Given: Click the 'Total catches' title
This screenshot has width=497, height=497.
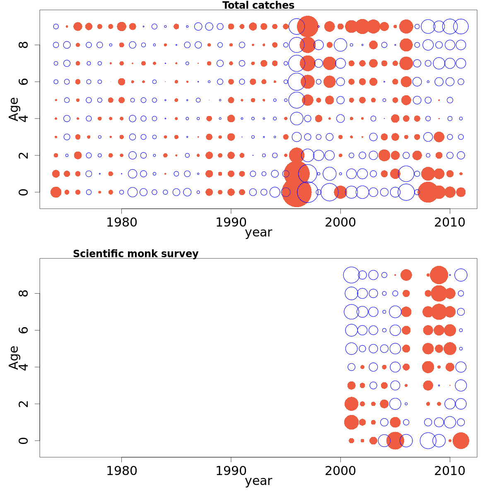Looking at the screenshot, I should coord(258,5).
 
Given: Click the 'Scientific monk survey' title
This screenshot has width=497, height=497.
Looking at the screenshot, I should coord(135,254).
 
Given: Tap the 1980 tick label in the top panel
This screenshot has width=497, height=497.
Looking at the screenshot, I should coord(121,222).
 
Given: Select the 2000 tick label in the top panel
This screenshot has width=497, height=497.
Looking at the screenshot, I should coord(340,222).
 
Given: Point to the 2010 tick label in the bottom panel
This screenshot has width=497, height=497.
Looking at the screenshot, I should coord(450,471).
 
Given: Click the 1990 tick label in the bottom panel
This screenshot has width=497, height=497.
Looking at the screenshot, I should coord(231,471).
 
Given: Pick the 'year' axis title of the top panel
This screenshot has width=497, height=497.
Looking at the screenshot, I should coord(258,233).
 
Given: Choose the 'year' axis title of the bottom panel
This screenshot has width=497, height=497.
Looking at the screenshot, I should coord(258,481).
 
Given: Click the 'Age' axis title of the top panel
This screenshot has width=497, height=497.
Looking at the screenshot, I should coord(14,109).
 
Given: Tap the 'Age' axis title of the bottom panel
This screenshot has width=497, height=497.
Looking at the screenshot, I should coord(14,357).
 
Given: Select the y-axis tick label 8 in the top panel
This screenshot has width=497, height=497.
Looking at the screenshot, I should coord(24,45).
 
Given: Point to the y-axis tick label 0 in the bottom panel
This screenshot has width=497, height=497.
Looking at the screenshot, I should coord(24,441).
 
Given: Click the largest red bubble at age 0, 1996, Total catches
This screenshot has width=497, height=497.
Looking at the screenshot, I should coord(297,191).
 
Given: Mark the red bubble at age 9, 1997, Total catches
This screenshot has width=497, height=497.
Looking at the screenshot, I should coord(307,27).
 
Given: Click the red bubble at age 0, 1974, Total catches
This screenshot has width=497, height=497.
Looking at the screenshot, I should coord(56,192).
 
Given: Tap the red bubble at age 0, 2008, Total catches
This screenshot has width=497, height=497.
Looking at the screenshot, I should coord(428,192).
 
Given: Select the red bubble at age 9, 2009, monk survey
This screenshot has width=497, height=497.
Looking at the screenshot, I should coord(439,275).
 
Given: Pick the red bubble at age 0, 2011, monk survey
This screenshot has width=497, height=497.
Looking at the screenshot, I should coord(461,441).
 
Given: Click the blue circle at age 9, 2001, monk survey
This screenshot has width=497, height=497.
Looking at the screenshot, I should coord(351,275).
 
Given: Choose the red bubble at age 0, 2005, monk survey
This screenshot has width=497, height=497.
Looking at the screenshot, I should coord(395,441).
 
